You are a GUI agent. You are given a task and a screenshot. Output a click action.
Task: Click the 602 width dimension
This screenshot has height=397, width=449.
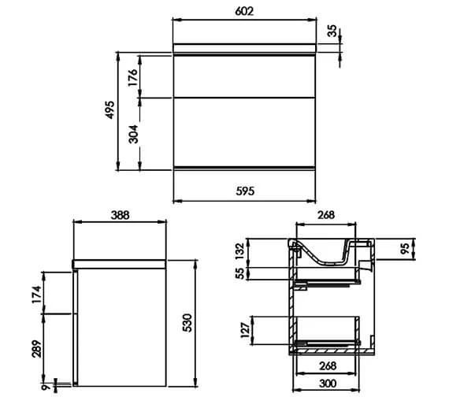tap(244, 11)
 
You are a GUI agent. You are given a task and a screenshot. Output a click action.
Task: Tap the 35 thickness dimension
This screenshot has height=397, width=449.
tap(332, 31)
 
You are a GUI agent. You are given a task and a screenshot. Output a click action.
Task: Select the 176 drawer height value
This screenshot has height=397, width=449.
tap(133, 77)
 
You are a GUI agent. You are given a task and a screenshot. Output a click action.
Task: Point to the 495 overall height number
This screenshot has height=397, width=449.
tap(109, 109)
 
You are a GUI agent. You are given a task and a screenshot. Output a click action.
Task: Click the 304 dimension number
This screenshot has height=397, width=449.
tap(133, 134)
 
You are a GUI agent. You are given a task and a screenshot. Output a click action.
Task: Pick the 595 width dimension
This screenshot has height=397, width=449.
tap(245, 191)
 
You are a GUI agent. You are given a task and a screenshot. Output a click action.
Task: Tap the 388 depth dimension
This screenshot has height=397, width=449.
tap(120, 215)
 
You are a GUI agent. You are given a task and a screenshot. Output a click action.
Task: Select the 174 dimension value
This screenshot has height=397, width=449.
tap(37, 295)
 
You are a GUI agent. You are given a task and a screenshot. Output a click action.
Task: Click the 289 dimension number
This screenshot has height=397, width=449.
tap(37, 349)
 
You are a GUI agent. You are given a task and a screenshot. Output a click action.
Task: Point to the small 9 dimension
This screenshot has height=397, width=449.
tap(45, 388)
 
